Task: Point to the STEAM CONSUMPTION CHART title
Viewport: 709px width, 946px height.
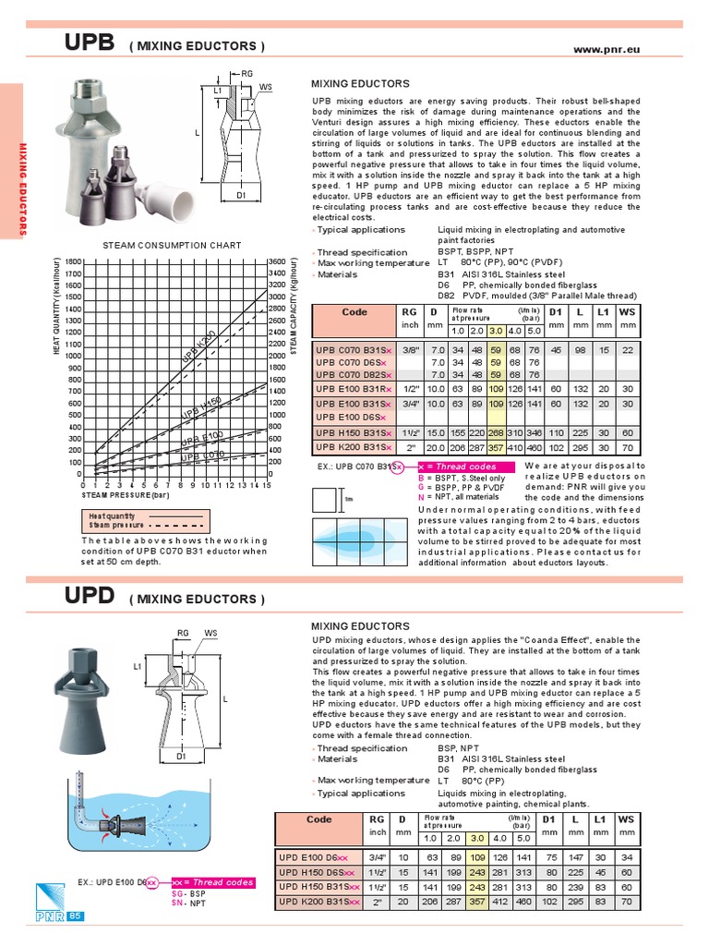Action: tap(172, 245)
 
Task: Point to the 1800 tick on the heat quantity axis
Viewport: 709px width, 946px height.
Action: tap(74, 262)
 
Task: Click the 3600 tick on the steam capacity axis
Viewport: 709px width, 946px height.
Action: tap(276, 262)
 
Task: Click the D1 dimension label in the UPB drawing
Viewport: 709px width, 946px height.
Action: tap(240, 196)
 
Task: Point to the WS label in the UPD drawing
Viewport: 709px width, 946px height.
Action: tap(210, 633)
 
